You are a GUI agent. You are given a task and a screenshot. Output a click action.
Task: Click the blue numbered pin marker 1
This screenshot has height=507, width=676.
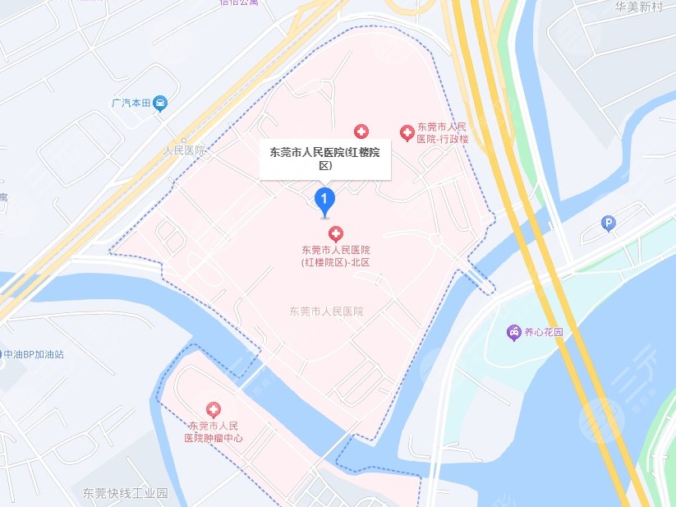coord(325,200)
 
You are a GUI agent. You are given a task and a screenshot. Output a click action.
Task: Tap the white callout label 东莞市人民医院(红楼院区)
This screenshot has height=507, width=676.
coord(325,159)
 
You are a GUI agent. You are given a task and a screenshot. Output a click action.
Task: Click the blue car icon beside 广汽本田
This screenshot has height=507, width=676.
coord(162,104)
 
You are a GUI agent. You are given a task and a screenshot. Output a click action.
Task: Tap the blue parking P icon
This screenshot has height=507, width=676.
coord(609,222)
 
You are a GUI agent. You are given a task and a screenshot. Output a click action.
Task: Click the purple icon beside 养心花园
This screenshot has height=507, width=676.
coord(513,332)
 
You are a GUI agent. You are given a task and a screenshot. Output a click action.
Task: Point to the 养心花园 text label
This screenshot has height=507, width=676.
coord(545,333)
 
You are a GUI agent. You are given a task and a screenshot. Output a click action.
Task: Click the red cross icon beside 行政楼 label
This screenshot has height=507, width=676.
coord(407,132)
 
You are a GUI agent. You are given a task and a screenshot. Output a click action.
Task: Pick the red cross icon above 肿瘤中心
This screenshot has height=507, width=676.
coord(214,409)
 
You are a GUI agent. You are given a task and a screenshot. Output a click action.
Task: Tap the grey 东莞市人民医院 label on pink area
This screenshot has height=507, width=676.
coord(326,312)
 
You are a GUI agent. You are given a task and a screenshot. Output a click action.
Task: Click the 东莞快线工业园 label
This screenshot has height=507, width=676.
coord(125,494)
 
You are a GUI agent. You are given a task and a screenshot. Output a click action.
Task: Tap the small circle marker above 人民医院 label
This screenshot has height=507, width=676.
coord(185,141)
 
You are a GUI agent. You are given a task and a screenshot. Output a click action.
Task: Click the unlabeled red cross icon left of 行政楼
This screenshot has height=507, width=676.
coord(361,131)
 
